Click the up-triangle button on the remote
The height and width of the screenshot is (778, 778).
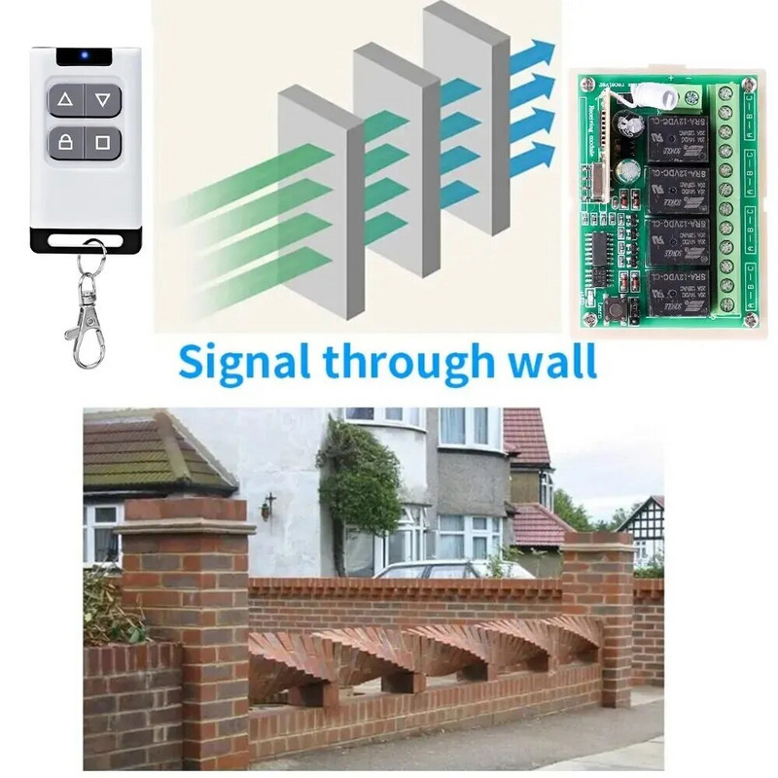(65, 99)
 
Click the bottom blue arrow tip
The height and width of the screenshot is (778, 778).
(544, 153)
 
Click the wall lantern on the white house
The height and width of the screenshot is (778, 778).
(267, 506)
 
